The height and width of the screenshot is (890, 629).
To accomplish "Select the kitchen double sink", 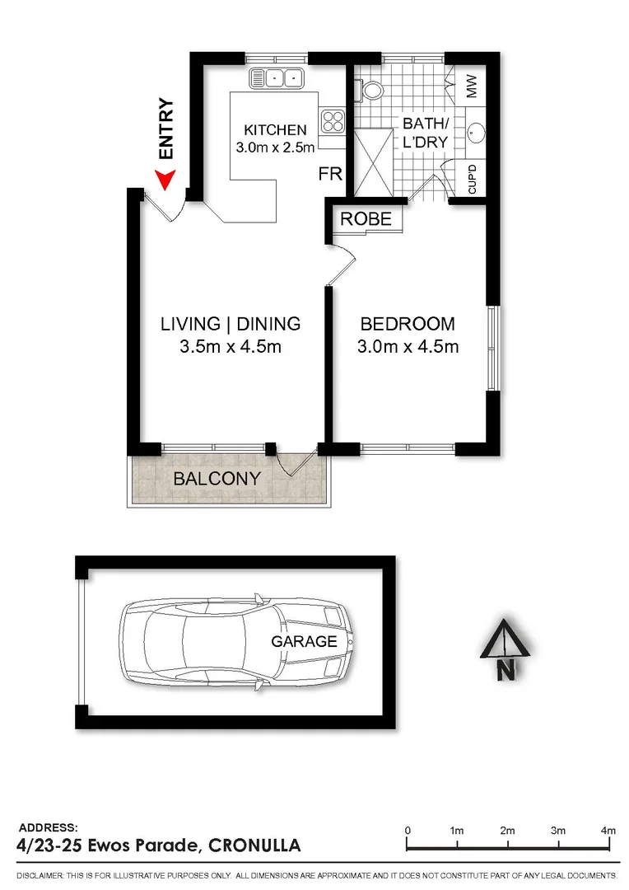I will click(277, 77).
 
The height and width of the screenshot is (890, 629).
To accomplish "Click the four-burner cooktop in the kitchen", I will click(332, 122).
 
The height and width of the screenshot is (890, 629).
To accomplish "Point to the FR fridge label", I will click(330, 175).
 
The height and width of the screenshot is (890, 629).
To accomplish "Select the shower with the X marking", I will click(373, 162).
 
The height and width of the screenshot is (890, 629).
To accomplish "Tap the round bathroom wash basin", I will click(475, 132).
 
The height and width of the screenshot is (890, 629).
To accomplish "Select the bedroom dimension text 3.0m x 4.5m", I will click(408, 347).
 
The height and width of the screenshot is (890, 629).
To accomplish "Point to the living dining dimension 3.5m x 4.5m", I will click(231, 347).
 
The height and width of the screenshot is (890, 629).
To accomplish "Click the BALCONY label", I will click(217, 479).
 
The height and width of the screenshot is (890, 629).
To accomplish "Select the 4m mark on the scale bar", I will click(608, 831).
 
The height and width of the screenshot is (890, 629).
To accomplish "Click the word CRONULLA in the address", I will click(254, 845).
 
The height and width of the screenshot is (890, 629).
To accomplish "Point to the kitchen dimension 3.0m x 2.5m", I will click(275, 148).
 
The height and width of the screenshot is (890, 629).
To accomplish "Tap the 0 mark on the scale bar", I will click(408, 831).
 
